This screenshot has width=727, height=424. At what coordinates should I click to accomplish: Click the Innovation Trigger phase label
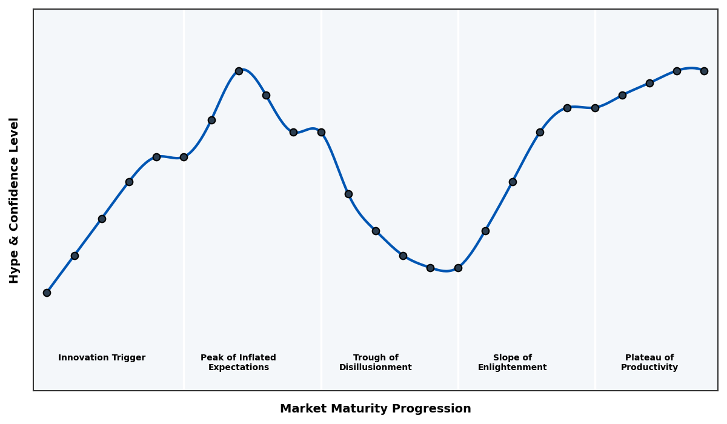coord(102,358)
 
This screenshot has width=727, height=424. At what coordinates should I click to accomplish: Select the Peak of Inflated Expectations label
coord(239,363)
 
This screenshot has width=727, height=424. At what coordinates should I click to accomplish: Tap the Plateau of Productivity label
coord(649,363)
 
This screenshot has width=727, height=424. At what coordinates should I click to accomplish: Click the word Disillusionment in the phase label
coord(376,368)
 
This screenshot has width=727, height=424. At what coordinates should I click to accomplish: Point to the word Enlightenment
coord(513,368)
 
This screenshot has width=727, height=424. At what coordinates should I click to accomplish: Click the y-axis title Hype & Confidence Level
coord(15,200)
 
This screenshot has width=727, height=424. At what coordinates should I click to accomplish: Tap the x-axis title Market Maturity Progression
coord(376,409)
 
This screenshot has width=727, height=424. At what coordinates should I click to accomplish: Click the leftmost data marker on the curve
coord(47,293)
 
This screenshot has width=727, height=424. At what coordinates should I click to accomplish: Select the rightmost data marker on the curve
coord(704,71)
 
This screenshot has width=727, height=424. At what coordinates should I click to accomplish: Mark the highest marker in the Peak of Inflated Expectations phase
coord(239,71)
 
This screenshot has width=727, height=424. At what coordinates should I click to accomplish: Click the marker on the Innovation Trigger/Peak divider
coord(184,157)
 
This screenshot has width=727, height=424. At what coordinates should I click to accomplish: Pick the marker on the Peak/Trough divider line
coord(321,132)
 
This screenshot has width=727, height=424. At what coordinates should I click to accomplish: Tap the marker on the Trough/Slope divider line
coord(458,268)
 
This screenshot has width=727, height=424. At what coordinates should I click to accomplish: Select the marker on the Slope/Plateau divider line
coord(595,108)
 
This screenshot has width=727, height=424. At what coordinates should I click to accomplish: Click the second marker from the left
coord(75,256)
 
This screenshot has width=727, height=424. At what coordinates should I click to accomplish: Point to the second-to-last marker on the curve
coord(677,71)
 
